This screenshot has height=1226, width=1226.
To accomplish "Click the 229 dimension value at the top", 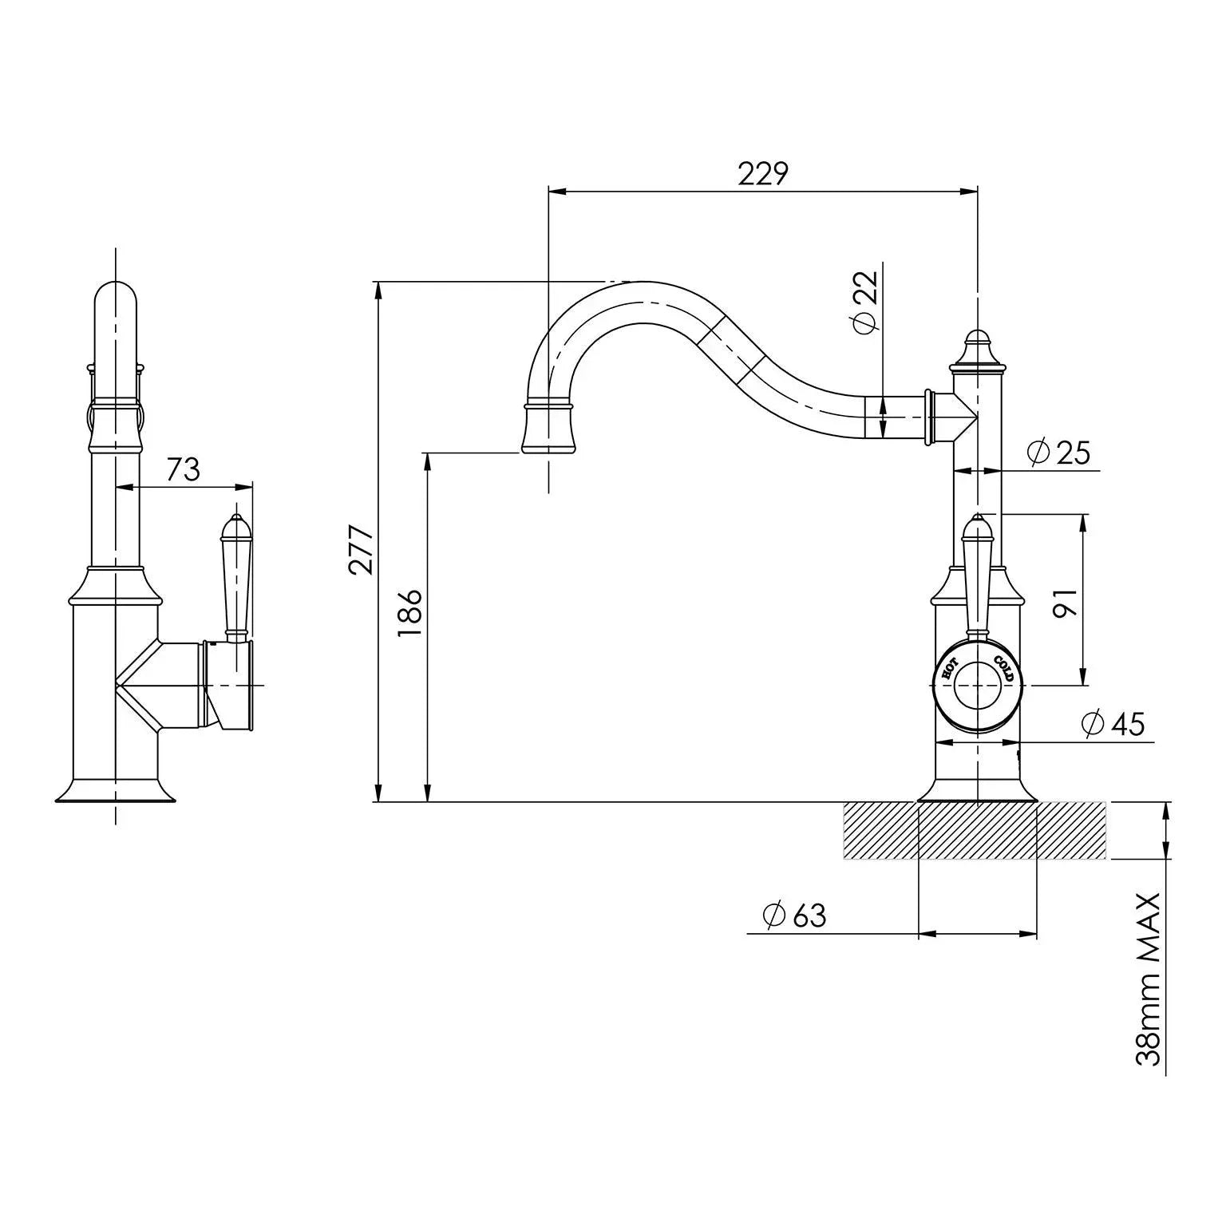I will [x=762, y=174].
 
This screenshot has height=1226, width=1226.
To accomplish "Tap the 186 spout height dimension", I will [x=410, y=612].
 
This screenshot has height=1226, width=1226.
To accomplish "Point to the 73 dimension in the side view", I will [x=183, y=469].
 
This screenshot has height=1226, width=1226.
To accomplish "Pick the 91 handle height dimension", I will [x=1066, y=603].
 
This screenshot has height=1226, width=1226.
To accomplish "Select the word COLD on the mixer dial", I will [x=1003, y=667].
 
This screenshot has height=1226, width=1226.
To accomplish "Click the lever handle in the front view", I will [x=978, y=575].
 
